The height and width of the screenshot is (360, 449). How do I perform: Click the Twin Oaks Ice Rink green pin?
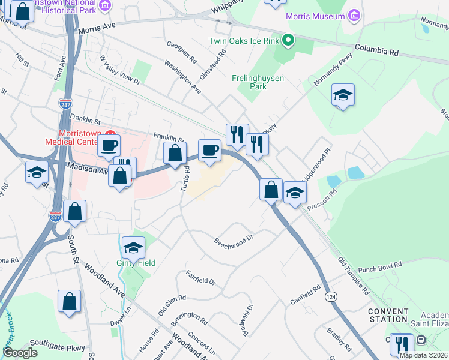point(288,41)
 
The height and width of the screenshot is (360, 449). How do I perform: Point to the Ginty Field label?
point(136,263)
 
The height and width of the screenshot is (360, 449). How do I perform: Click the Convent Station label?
point(387,314)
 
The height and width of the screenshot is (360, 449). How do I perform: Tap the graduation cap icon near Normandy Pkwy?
point(343,95)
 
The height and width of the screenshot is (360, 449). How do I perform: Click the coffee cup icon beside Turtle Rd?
point(209,151)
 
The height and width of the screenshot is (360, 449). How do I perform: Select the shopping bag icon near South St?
point(75,212)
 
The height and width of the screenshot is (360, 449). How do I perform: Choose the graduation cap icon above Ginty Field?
point(133,248)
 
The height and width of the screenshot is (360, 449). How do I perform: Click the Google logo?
point(20,352)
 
